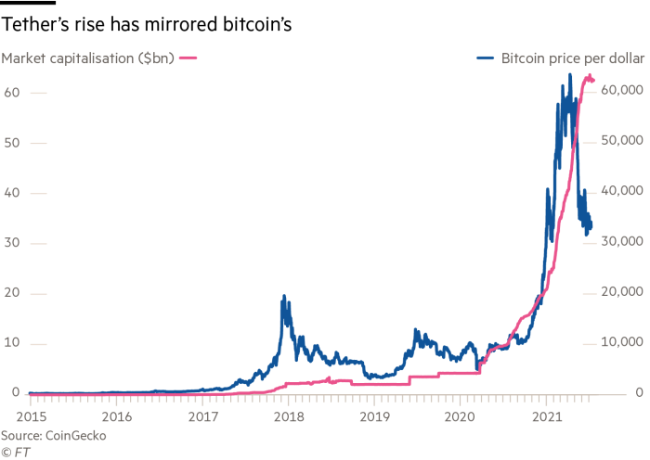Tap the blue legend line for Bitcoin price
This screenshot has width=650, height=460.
487,58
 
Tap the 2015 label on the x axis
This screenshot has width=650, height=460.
31,416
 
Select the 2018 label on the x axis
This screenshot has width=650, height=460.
286,416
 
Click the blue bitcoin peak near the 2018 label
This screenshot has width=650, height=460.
283,297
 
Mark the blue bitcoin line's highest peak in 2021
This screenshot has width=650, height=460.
568,86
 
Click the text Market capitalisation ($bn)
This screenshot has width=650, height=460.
88,58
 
